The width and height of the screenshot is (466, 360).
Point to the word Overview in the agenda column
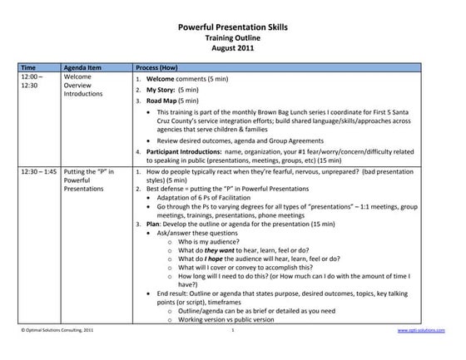[x=79, y=85]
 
